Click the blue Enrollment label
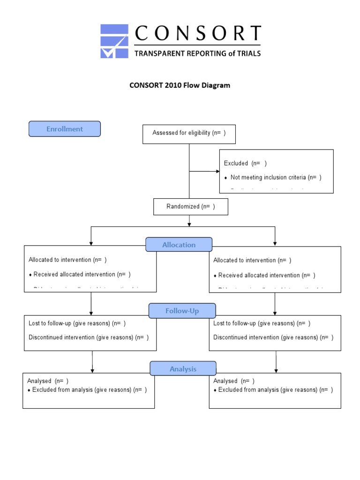click(x=65, y=129)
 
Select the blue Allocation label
click(x=179, y=245)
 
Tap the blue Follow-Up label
click(x=182, y=311)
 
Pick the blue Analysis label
click(x=183, y=369)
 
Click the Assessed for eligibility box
click(x=189, y=133)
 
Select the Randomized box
click(x=191, y=207)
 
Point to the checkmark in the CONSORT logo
click(x=109, y=51)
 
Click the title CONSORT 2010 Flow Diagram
click(x=180, y=86)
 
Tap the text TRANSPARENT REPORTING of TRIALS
click(x=197, y=53)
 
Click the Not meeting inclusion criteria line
click(x=276, y=177)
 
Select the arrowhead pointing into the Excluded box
click(x=217, y=172)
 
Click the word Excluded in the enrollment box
click(x=236, y=163)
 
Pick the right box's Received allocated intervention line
click(x=266, y=275)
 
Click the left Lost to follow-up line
click(x=77, y=323)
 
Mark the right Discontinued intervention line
click(x=273, y=337)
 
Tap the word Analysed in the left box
click(x=39, y=381)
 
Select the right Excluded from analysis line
click(x=275, y=390)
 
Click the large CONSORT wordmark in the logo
click(x=197, y=34)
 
